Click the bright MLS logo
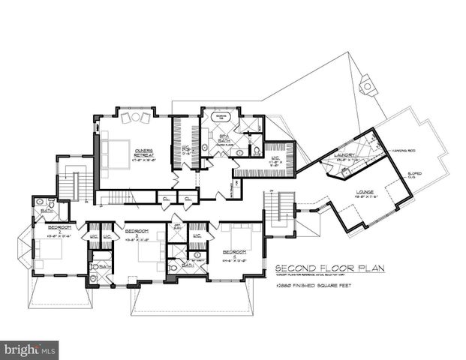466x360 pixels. [x=30, y=349]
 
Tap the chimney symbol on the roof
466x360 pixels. [x=367, y=85]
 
